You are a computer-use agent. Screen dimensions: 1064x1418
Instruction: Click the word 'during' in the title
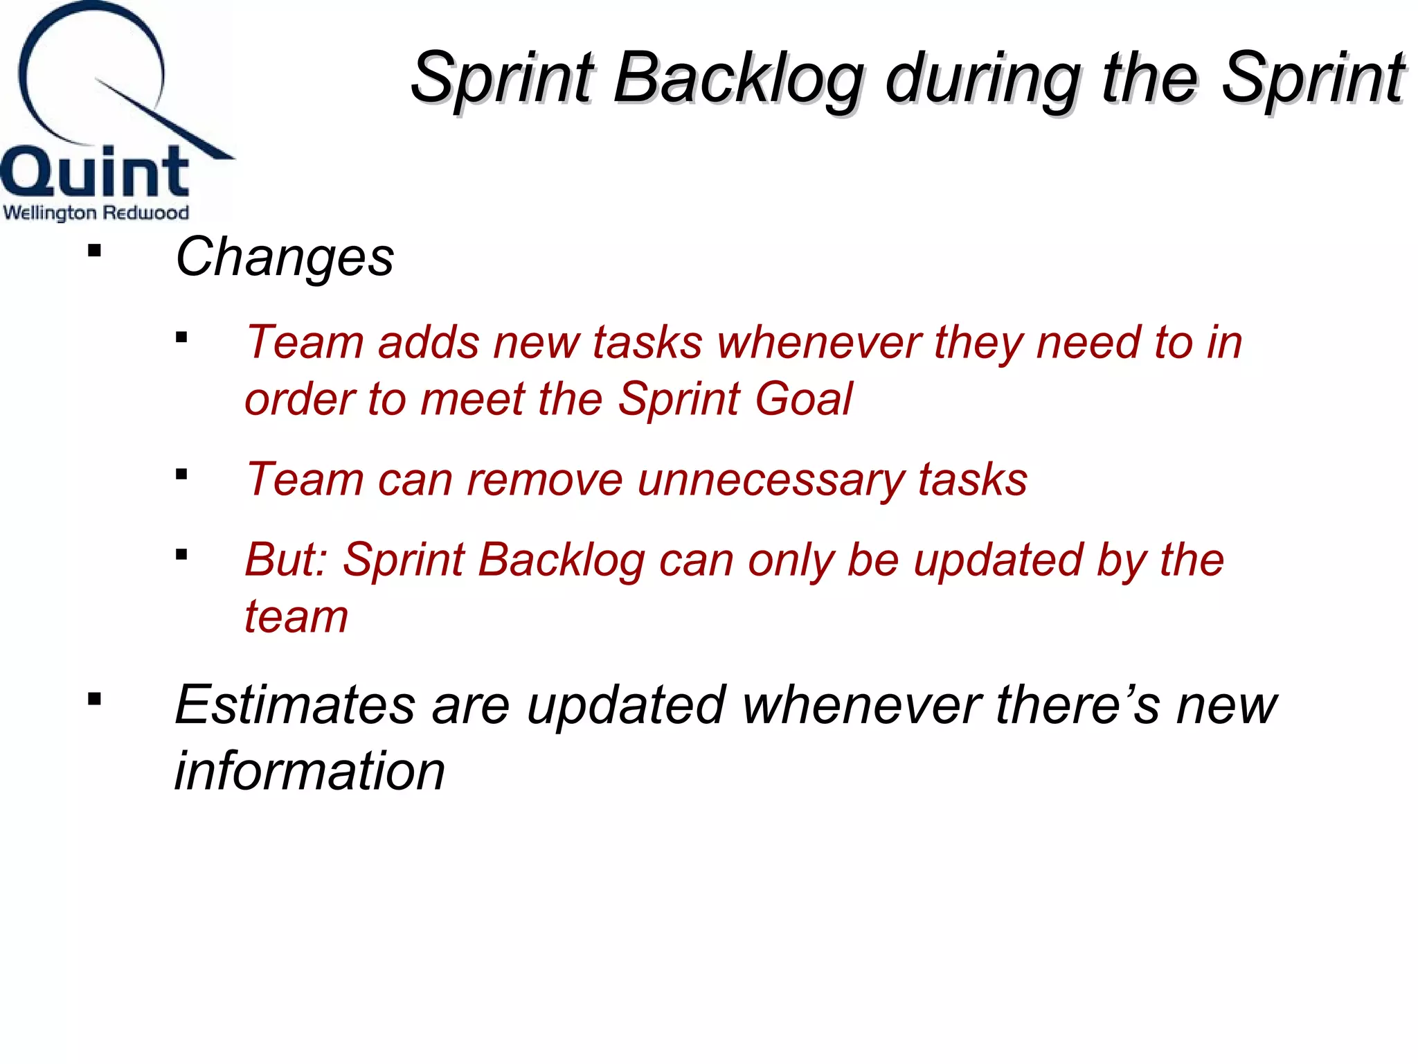click(x=983, y=80)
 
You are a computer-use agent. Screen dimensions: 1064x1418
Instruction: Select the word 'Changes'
click(x=285, y=258)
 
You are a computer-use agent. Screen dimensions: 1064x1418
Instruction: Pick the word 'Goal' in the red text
click(x=804, y=400)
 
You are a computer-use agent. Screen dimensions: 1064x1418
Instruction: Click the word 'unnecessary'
click(x=770, y=480)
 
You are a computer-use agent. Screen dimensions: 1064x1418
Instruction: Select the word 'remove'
click(x=544, y=480)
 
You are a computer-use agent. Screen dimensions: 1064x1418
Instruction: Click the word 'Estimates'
click(x=295, y=705)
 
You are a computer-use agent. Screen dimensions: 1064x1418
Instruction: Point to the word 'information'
click(x=309, y=771)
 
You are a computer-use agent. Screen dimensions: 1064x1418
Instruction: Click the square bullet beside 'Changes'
click(x=95, y=251)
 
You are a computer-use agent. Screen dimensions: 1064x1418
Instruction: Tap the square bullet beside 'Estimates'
click(x=95, y=699)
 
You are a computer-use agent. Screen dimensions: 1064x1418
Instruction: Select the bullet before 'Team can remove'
click(x=182, y=475)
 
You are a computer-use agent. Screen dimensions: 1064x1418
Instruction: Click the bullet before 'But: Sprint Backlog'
click(x=182, y=554)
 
